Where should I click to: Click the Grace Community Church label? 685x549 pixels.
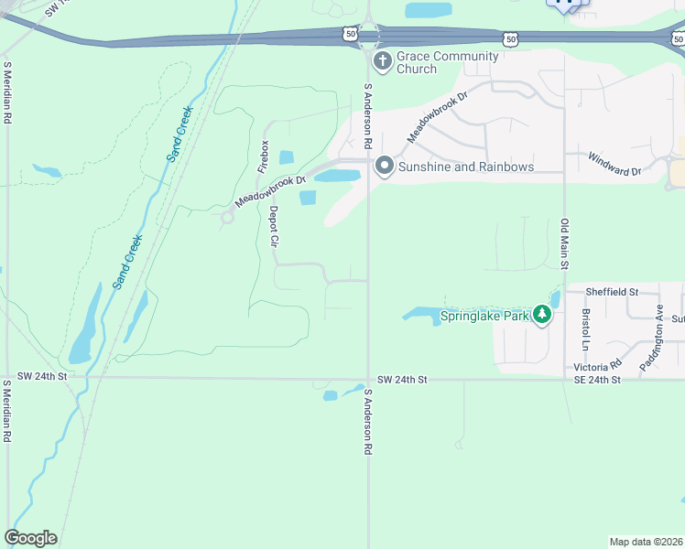point(448,62)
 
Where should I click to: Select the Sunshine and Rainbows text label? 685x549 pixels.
point(466,167)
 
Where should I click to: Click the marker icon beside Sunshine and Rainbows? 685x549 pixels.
point(384,166)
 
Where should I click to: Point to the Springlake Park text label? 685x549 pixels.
point(485,317)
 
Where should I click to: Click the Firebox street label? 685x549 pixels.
point(264,156)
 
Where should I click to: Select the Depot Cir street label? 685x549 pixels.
point(273,226)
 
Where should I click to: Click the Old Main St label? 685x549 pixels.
point(565,244)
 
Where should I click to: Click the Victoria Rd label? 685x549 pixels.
point(597,366)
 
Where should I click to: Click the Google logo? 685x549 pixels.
point(30,538)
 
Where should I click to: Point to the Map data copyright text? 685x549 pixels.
point(646,542)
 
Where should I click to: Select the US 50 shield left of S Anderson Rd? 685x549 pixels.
point(351,33)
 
